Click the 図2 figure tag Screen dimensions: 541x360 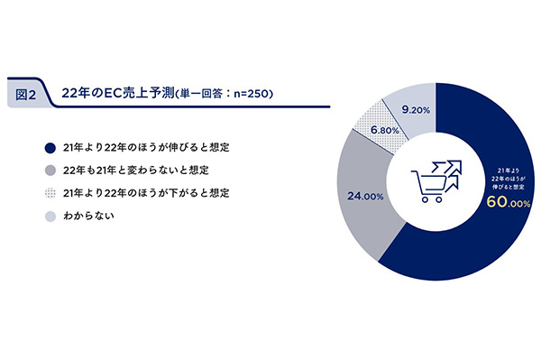(x=25, y=94)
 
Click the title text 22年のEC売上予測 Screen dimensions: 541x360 (x=118, y=93)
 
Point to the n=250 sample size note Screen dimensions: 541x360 (x=251, y=94)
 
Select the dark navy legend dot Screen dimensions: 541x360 (x=50, y=148)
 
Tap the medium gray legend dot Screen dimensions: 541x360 (x=50, y=171)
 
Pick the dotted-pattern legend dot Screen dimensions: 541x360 (x=50, y=193)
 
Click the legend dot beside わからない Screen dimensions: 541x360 (x=50, y=217)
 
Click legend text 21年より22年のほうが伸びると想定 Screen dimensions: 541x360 (x=146, y=148)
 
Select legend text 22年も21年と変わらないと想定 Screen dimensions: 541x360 (x=136, y=171)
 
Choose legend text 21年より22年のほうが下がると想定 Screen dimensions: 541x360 (x=146, y=193)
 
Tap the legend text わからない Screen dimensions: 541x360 (x=88, y=216)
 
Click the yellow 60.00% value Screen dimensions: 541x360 (x=509, y=203)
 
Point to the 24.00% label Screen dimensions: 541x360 (x=365, y=197)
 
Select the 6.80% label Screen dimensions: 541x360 (x=385, y=130)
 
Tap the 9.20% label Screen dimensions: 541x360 (x=416, y=110)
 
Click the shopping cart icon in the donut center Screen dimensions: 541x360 (x=436, y=181)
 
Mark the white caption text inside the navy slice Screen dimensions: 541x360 (x=508, y=179)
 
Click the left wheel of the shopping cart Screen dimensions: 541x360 (x=426, y=199)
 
